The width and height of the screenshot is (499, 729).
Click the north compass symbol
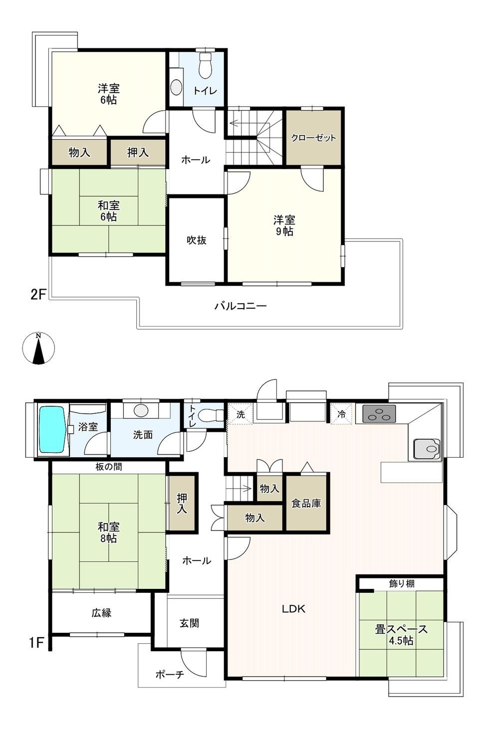tap(39, 348)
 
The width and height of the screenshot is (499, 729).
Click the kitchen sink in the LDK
tap(427, 449)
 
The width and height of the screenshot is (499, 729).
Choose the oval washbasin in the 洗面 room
tap(141, 410)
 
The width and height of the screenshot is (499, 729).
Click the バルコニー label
tap(241, 306)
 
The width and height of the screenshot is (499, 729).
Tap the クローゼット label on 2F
tap(313, 138)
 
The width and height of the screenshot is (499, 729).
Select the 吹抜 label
tap(197, 240)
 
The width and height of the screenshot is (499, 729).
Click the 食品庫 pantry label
tap(306, 504)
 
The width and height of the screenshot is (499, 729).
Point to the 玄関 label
tap(189, 623)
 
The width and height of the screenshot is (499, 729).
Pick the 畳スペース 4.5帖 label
tap(401, 635)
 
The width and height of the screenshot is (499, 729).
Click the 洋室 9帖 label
tap(284, 225)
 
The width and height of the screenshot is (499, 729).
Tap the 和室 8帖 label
tap(108, 533)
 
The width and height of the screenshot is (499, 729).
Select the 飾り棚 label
tap(402, 583)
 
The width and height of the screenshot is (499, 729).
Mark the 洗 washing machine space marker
tap(241, 414)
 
